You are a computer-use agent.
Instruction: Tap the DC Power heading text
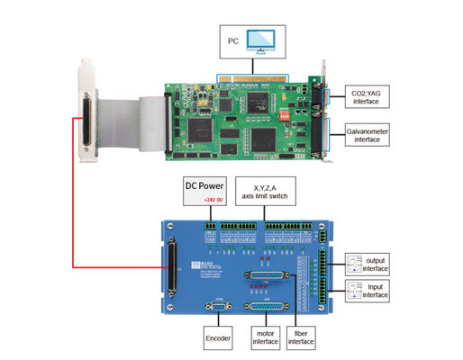click(x=205, y=186)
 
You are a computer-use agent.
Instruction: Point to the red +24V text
click(x=209, y=199)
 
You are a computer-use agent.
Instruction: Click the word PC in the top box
click(x=233, y=41)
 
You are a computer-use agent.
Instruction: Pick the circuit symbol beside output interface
click(x=354, y=262)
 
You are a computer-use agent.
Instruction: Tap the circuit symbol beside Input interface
click(x=354, y=292)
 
